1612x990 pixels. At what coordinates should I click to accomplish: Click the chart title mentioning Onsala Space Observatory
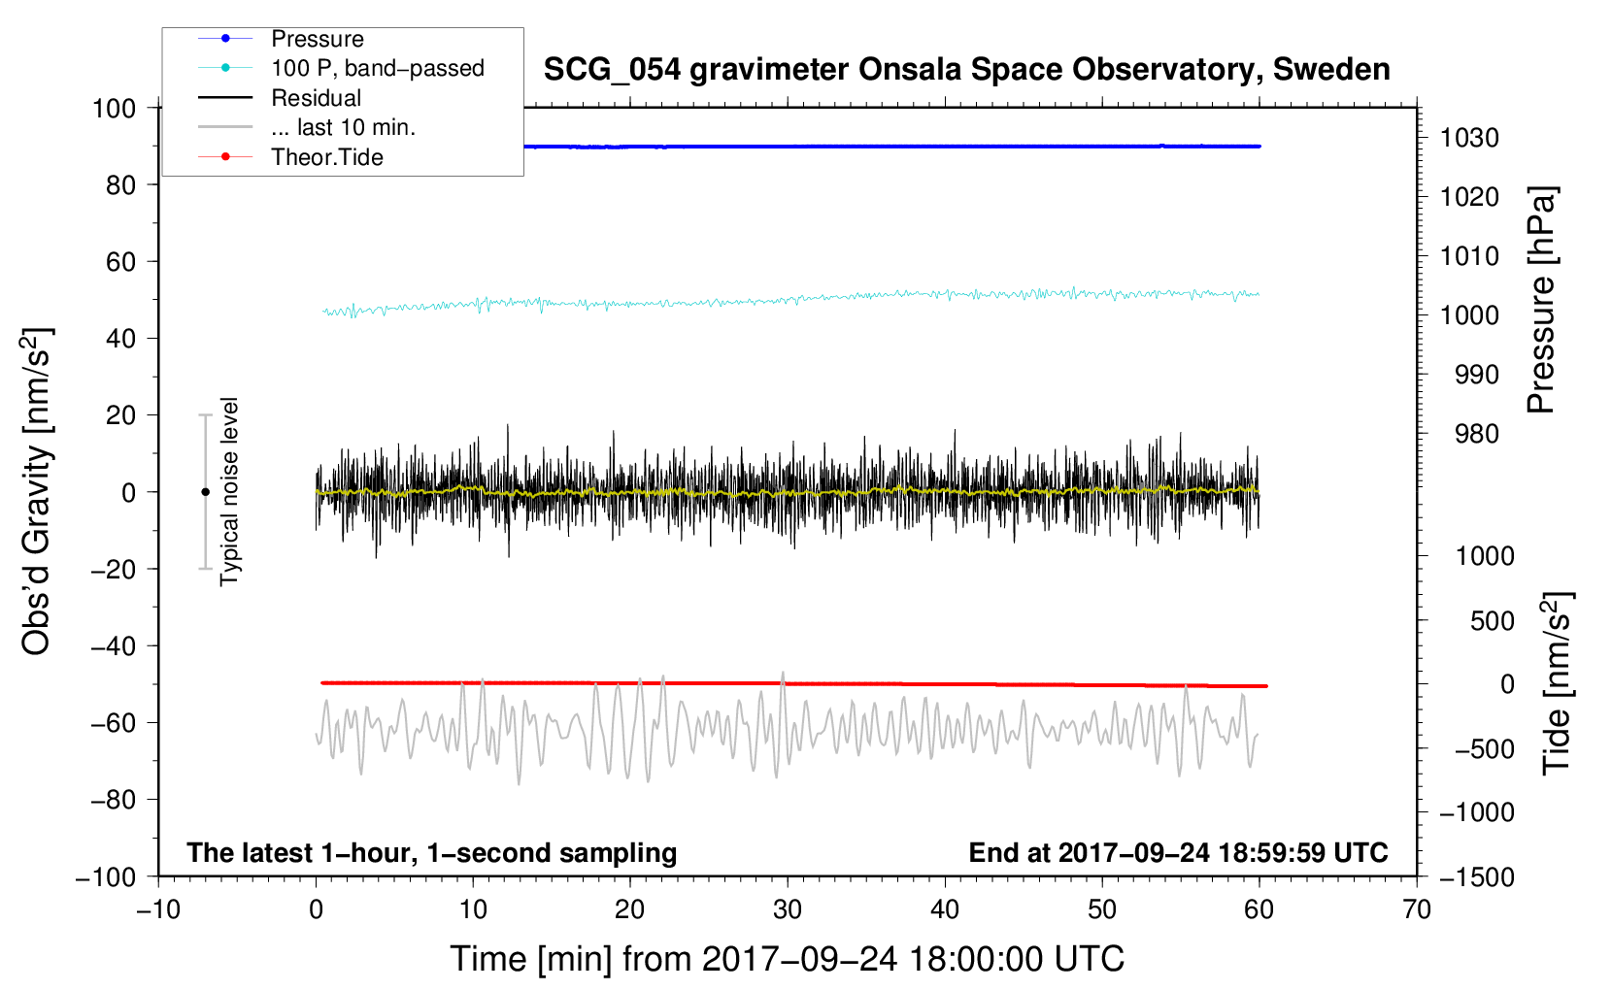(x=966, y=70)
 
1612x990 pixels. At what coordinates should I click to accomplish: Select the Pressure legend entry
(x=317, y=39)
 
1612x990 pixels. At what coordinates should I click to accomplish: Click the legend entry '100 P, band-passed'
(x=377, y=68)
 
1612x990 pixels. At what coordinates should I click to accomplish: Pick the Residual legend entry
(x=316, y=98)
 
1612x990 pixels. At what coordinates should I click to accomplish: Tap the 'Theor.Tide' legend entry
(x=326, y=157)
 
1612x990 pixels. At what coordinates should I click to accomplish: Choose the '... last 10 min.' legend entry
(x=343, y=127)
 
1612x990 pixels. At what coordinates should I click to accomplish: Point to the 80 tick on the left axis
(x=120, y=184)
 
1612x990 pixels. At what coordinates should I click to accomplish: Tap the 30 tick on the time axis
(x=788, y=909)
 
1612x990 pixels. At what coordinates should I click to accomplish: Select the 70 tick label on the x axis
(x=1417, y=909)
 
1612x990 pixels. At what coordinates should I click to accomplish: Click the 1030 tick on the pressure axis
(x=1469, y=138)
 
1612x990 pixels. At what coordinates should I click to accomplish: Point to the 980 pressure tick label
(x=1476, y=434)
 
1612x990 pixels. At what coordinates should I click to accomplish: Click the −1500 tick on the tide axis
(x=1477, y=876)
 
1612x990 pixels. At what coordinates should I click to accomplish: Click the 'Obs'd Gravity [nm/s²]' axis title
(x=37, y=491)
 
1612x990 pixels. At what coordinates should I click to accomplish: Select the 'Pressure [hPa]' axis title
(x=1541, y=300)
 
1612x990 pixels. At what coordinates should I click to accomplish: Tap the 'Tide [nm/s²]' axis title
(x=1557, y=682)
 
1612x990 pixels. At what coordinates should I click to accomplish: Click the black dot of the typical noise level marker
(x=205, y=492)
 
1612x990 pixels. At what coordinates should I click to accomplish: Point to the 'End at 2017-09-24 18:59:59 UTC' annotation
(x=1178, y=852)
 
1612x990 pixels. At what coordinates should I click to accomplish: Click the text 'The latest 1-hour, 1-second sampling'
(x=431, y=852)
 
